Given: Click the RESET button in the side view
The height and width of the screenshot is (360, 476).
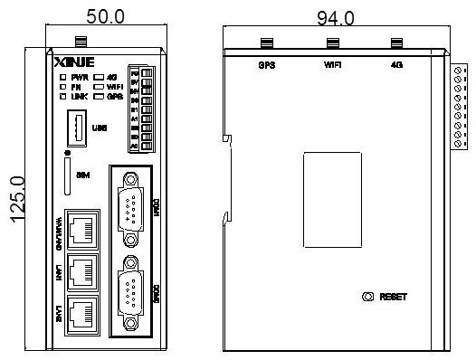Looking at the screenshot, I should pos(367,297).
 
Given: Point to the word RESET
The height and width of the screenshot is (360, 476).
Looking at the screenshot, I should pos(395,297).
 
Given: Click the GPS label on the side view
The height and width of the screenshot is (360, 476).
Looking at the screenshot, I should pos(267,64).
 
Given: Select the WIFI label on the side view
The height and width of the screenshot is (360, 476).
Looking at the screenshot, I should pos(332,64).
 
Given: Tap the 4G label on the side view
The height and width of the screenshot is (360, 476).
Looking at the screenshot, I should pos(395,64).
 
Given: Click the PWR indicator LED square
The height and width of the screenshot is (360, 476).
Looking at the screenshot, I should pos(62,78).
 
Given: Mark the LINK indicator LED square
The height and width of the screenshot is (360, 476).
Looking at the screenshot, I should pos(62,95).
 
